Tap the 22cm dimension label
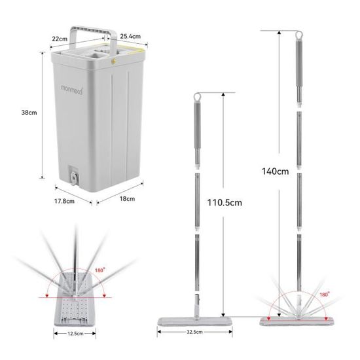click(x=60, y=39)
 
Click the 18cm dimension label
click(x=127, y=198)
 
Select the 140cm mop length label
click(x=275, y=172)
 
